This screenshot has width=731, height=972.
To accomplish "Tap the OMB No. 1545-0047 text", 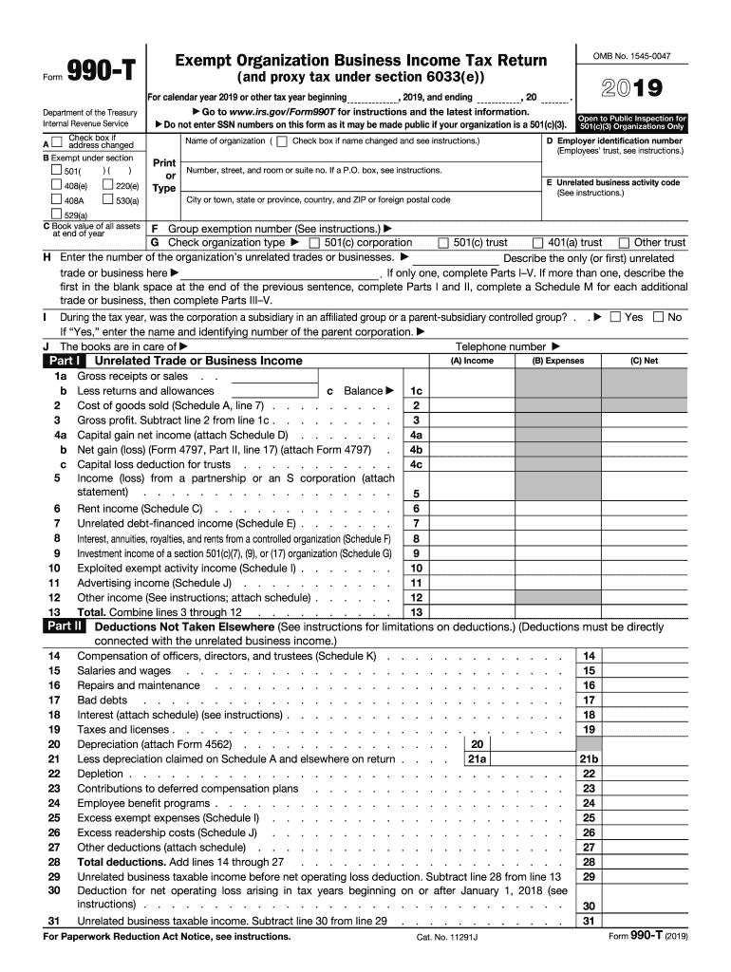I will [631, 57].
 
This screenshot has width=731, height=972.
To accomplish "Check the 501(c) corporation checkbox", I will [315, 243].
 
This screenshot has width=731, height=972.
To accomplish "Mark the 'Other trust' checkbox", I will [625, 243].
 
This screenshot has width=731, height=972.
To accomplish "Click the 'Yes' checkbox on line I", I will [615, 317].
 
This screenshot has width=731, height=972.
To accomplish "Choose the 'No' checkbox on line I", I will [658, 317].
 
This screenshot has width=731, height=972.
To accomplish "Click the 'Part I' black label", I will [64, 361].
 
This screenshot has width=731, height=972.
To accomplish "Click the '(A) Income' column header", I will [472, 361].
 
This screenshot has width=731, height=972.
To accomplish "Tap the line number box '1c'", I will [415, 391].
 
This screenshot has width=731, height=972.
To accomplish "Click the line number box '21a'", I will [476, 759].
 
